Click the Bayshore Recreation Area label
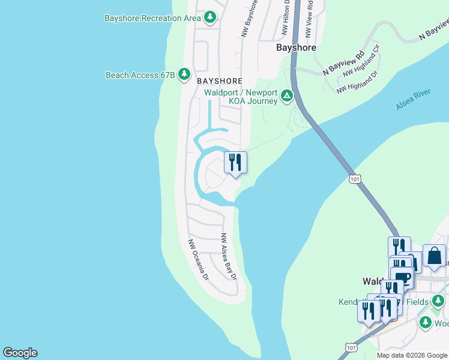[152, 18]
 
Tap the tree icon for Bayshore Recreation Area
[209, 17]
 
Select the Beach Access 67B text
[140, 75]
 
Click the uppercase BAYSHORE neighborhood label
[219, 80]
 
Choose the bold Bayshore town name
[295, 47]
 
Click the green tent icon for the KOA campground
[288, 95]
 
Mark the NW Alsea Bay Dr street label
[228, 256]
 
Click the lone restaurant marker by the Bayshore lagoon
[235, 162]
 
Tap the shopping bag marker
[434, 256]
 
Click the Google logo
[20, 353]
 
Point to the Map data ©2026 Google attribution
[412, 355]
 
